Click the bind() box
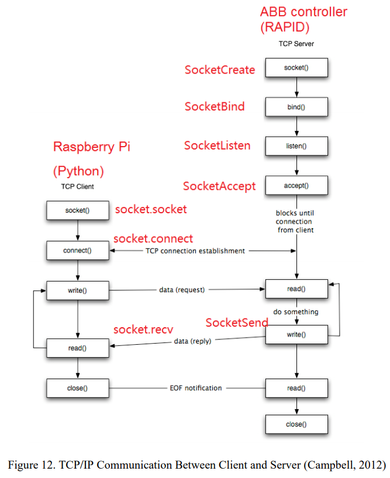point(296,107)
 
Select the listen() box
point(296,146)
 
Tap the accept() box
point(296,186)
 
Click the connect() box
point(78,251)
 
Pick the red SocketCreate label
point(220,70)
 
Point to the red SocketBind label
point(215,107)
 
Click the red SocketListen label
point(218,146)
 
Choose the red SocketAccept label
point(219,186)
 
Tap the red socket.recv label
point(143,330)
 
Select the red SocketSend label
point(236,323)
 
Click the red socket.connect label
point(153,239)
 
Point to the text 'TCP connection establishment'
point(195,251)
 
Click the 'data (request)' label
point(181,289)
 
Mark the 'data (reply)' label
point(192,341)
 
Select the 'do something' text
point(296,312)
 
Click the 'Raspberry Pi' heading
point(92,147)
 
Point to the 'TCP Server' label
point(296,44)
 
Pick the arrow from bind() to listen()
point(296,126)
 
